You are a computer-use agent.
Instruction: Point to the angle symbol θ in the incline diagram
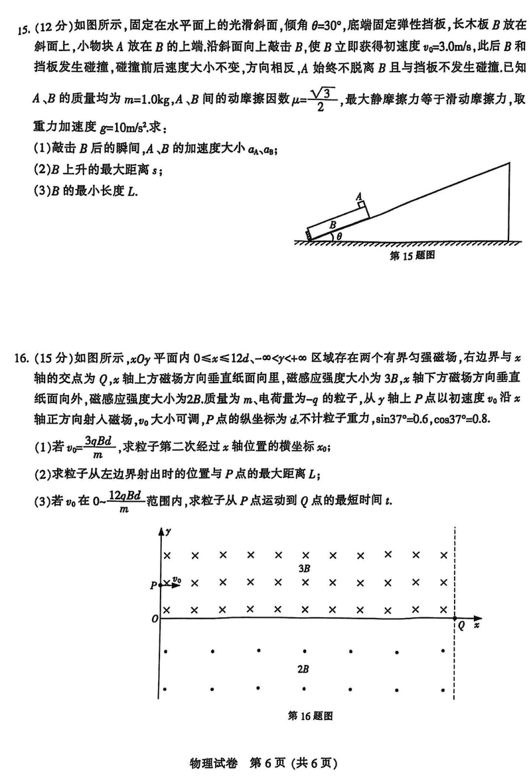coord(339,235)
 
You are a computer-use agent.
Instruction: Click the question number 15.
coord(23,29)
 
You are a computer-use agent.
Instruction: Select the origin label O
coord(153,619)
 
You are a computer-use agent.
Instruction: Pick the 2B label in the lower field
coord(303,670)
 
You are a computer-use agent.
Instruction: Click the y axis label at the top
coord(170,532)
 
